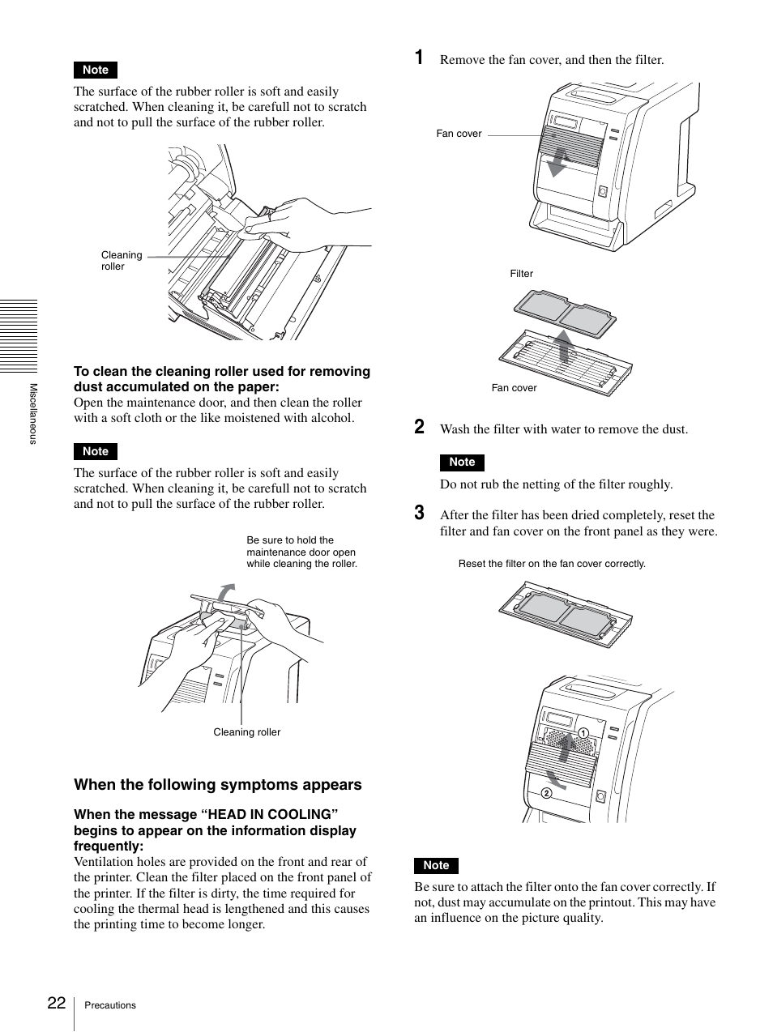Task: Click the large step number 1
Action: (419, 58)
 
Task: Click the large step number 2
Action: (419, 427)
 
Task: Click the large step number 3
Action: (419, 513)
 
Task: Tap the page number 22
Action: (56, 1003)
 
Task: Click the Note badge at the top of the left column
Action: (96, 70)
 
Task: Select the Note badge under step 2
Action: (462, 462)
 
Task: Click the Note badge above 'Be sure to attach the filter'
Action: (436, 865)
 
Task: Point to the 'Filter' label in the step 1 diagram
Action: (521, 274)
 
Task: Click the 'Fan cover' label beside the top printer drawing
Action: (459, 134)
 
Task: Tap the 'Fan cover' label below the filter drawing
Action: (514, 388)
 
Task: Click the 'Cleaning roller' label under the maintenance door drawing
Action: (246, 732)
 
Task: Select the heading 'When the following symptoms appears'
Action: (218, 784)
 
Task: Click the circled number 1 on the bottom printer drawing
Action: (582, 732)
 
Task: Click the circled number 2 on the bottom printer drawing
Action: (546, 793)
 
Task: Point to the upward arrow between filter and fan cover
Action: (564, 343)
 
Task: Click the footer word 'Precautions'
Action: (110, 1005)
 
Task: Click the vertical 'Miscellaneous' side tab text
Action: (33, 413)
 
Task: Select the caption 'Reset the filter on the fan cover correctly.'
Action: (552, 564)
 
